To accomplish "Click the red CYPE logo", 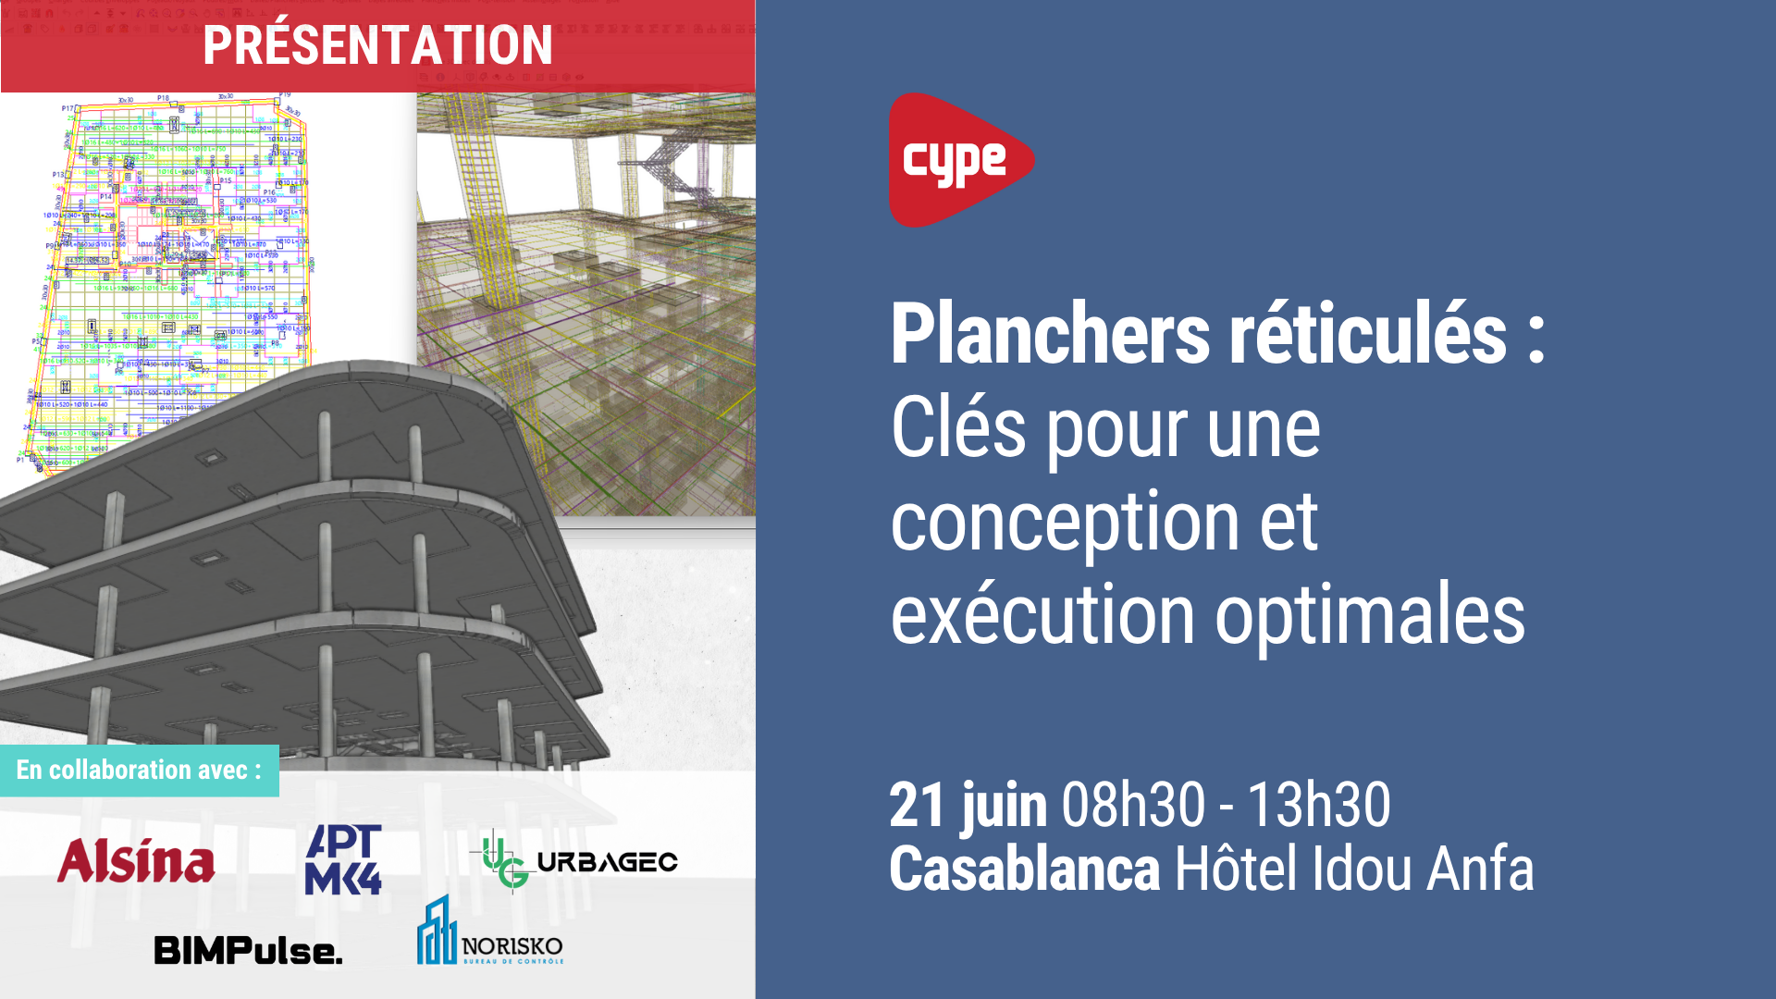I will point(958,160).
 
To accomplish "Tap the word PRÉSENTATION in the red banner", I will point(377,45).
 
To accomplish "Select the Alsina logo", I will point(136,861).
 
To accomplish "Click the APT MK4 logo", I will point(343,859).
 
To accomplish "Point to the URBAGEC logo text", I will point(607,862).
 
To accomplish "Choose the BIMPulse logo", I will point(248,950).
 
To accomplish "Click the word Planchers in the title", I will point(1050,335).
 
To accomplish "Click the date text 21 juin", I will point(968,805).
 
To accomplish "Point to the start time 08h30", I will point(1133,805).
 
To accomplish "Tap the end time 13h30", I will point(1319,805).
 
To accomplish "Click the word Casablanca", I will point(1024,869).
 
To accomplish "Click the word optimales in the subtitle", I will point(1369,618).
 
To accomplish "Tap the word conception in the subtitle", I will point(1064,523).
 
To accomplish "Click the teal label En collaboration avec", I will point(139,770).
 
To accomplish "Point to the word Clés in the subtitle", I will point(958,428).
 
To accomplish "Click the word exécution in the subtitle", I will point(1042,616).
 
